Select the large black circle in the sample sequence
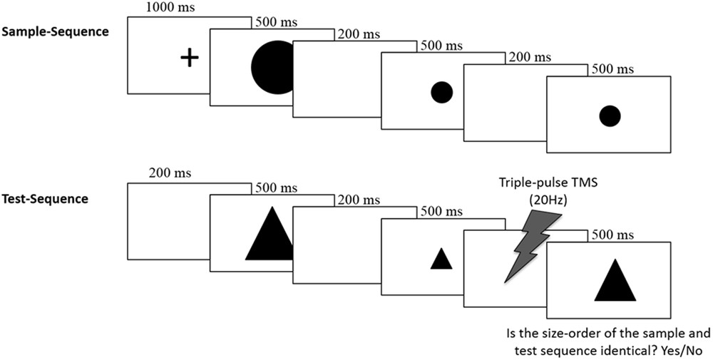tap(272, 68)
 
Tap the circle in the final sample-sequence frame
tap(610, 115)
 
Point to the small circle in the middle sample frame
tap(441, 92)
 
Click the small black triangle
tap(441, 258)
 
